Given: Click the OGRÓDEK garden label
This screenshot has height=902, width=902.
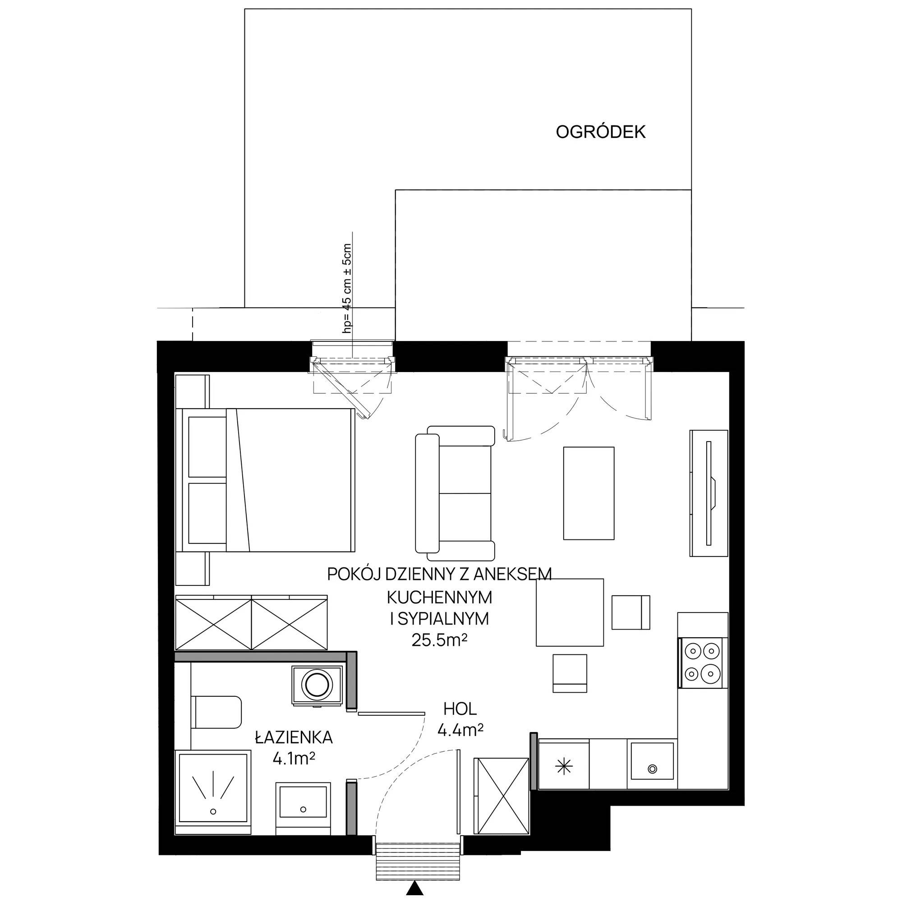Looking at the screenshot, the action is [x=600, y=132].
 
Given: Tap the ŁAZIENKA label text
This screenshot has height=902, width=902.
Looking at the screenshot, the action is [x=294, y=737].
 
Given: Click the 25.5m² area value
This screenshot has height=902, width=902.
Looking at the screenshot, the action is [x=439, y=640].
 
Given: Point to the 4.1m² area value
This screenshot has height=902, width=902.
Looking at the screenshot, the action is [x=294, y=759].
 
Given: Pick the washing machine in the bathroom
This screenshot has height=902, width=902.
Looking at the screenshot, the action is [x=318, y=685].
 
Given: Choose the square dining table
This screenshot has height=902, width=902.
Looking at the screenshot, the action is [x=570, y=612].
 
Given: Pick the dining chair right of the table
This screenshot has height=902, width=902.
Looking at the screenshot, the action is [x=631, y=612].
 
